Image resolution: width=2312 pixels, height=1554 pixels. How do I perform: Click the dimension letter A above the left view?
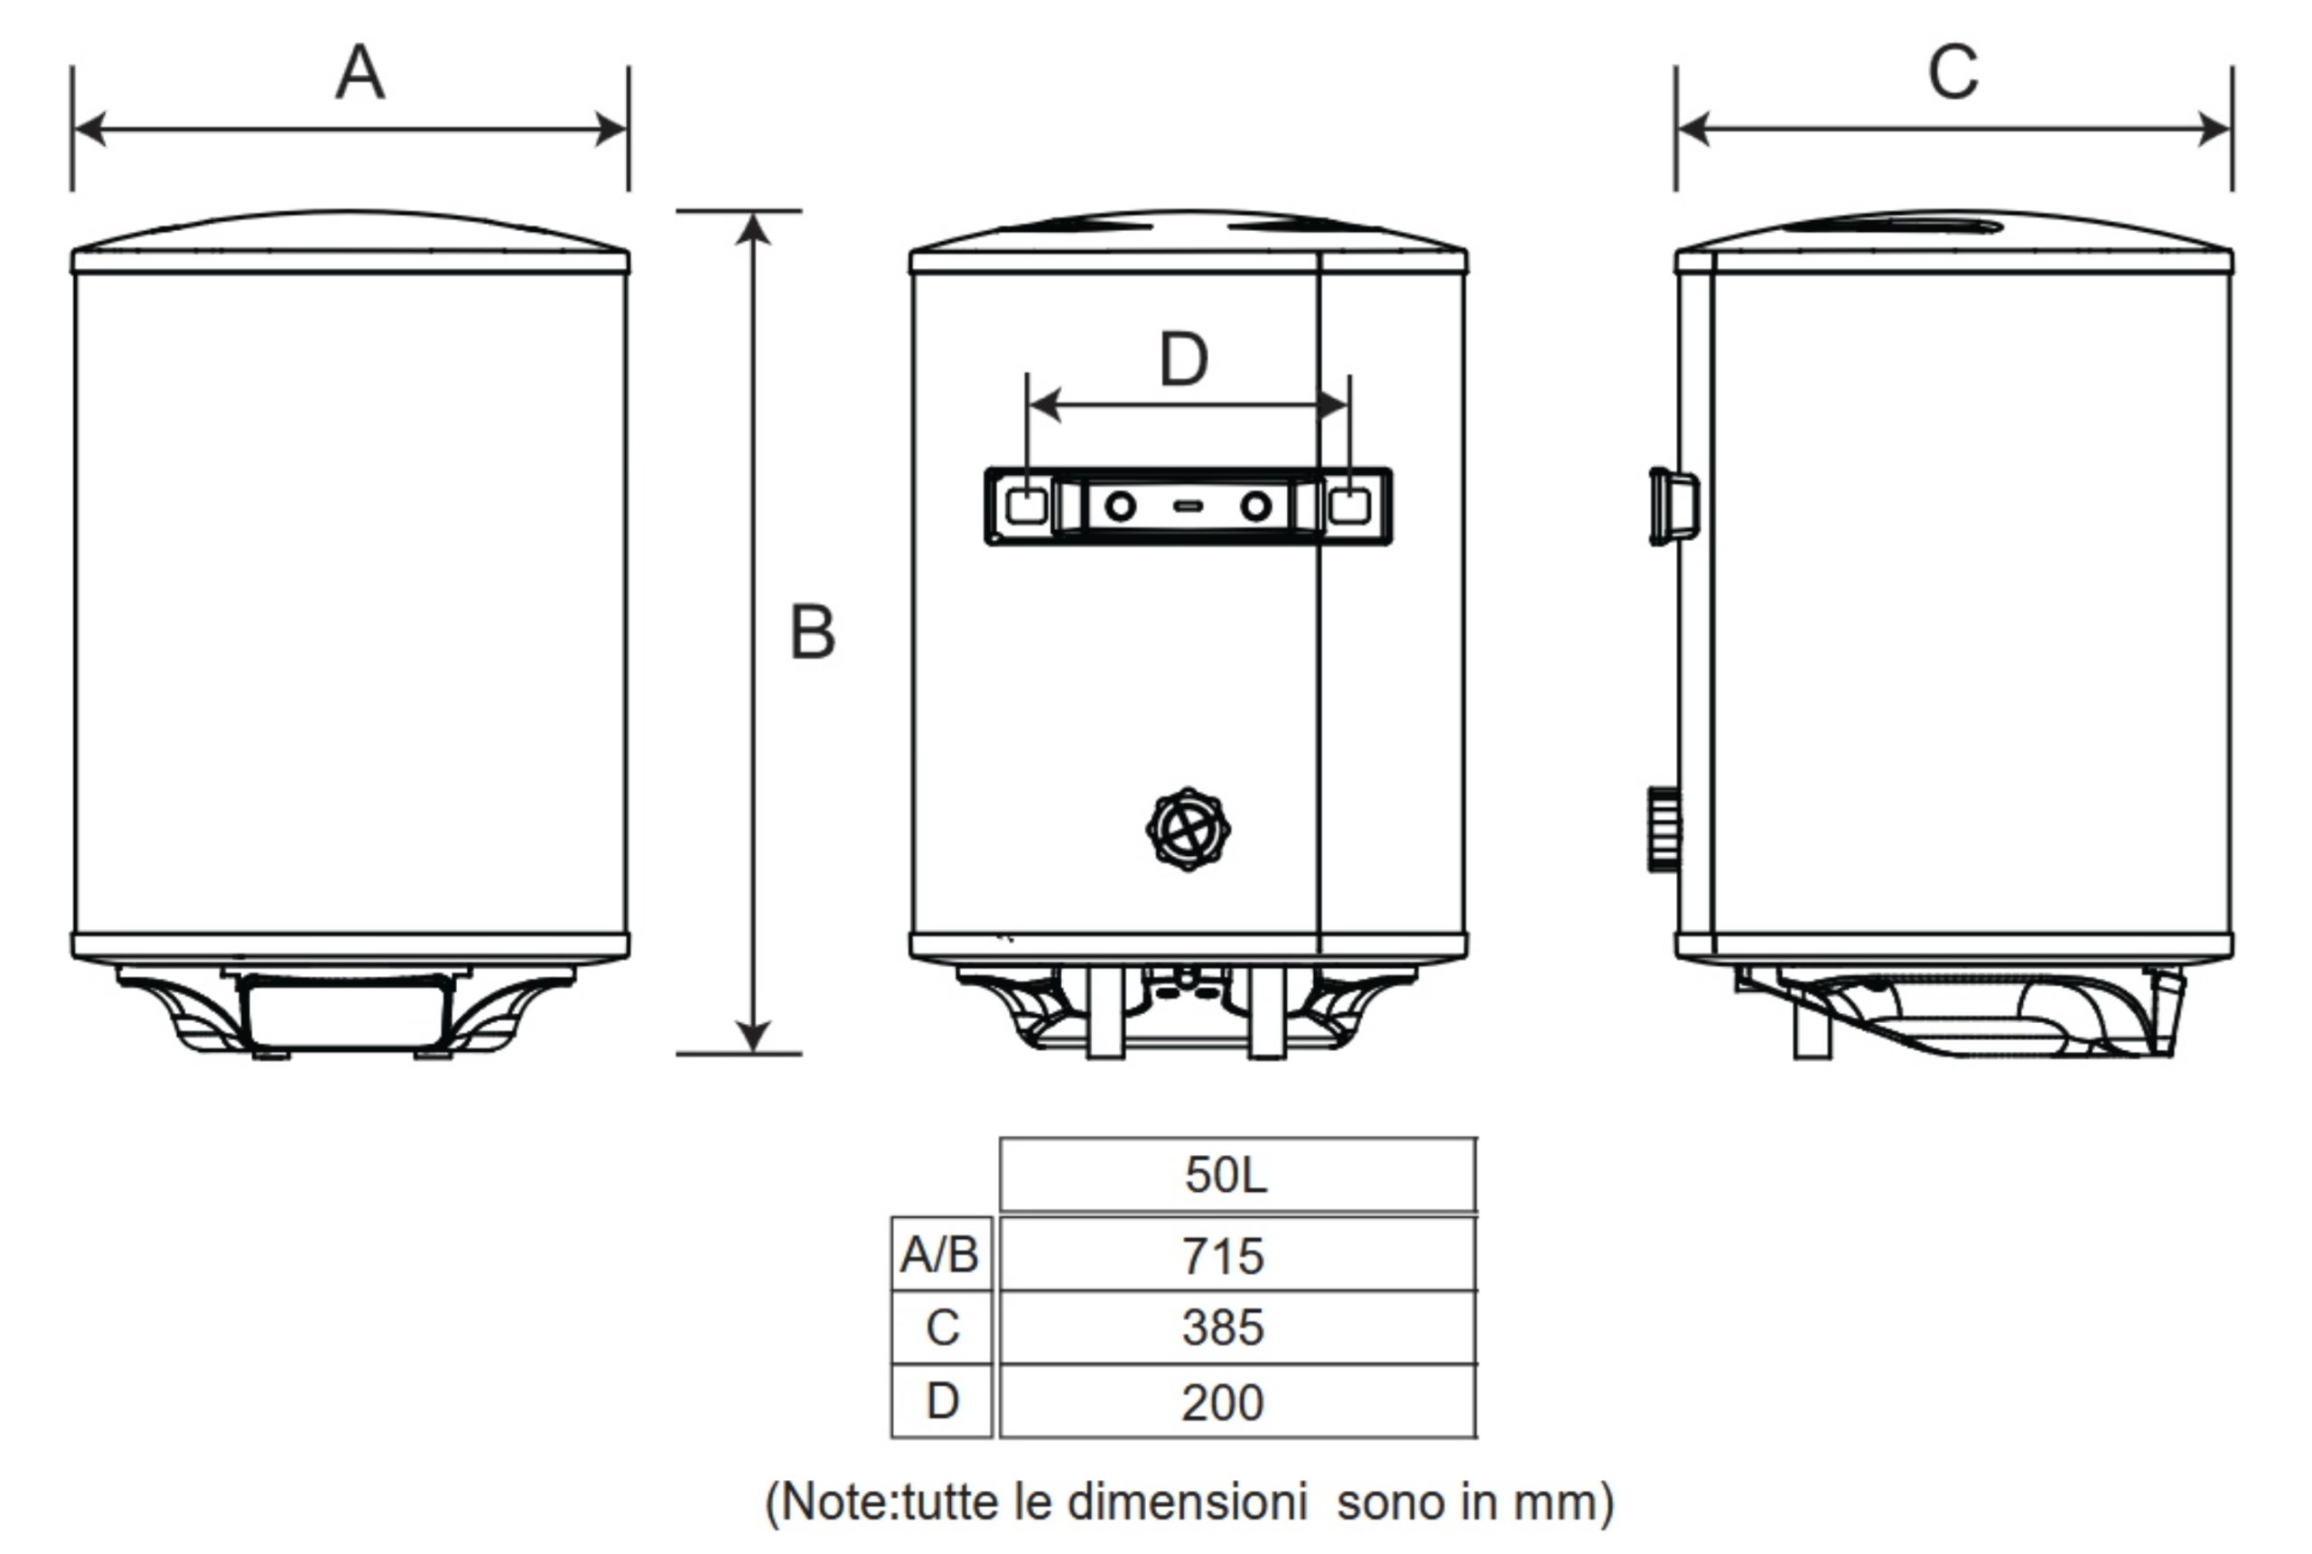[x=359, y=72]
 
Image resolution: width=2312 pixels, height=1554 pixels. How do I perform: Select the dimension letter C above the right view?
[x=1953, y=72]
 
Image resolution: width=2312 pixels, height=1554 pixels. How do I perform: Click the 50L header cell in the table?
[x=1238, y=1175]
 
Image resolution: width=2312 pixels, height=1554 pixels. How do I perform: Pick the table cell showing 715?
[x=1238, y=1255]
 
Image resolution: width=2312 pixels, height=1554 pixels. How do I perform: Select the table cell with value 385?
[x=1238, y=1327]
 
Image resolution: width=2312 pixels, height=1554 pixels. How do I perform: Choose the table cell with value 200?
[x=1238, y=1401]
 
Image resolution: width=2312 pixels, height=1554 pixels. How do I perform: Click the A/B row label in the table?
[x=941, y=1255]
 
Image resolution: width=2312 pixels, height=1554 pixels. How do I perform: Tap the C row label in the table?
[x=941, y=1327]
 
